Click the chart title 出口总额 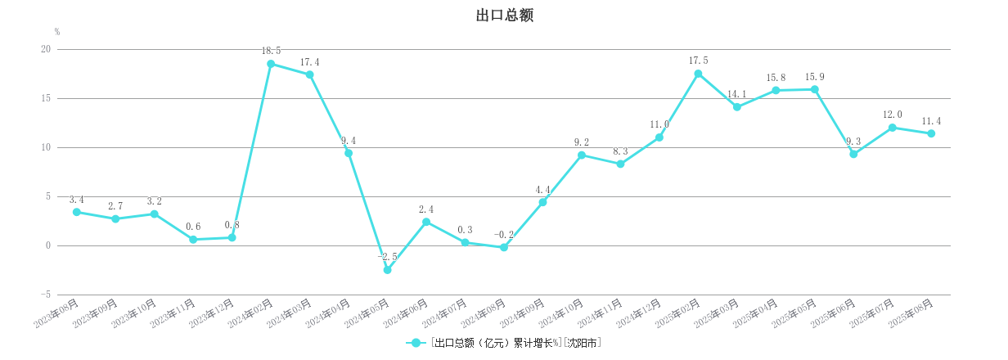pyautogui.click(x=504, y=16)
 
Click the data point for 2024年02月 pyautogui.click(x=271, y=64)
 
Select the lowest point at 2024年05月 pyautogui.click(x=387, y=270)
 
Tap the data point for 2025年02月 pyautogui.click(x=698, y=74)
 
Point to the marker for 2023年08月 pyautogui.click(x=77, y=212)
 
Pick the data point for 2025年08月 pyautogui.click(x=931, y=133)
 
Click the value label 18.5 pyautogui.click(x=272, y=51)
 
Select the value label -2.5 pyautogui.click(x=387, y=257)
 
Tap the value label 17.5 pyautogui.click(x=698, y=61)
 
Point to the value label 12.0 pyautogui.click(x=893, y=115)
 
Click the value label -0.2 pyautogui.click(x=504, y=235)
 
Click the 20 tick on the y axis pyautogui.click(x=46, y=49)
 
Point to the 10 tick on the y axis pyautogui.click(x=46, y=147)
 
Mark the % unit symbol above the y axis pyautogui.click(x=57, y=32)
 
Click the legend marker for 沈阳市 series pyautogui.click(x=416, y=343)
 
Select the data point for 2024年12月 pyautogui.click(x=659, y=137)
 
